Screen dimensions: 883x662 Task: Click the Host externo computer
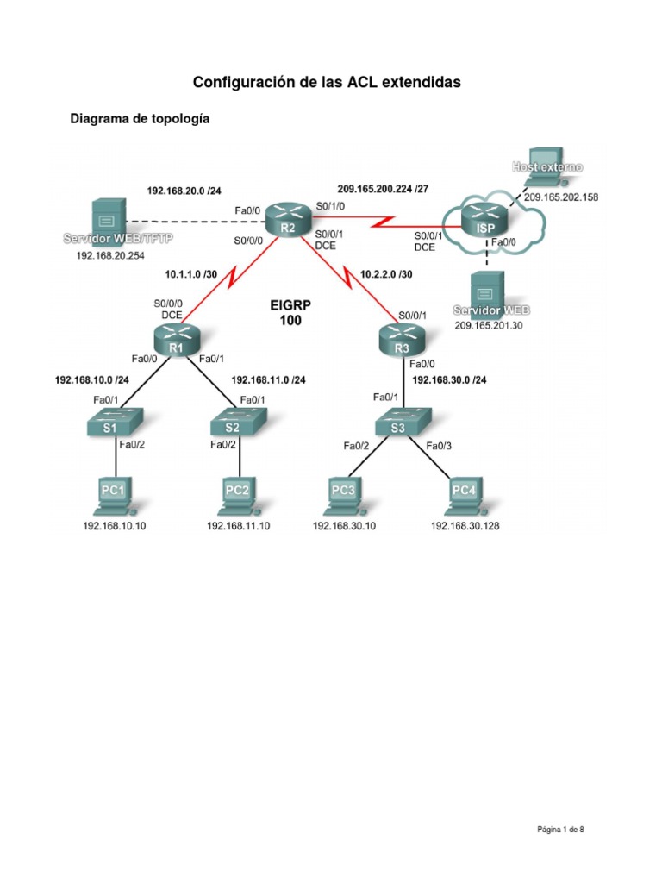546,167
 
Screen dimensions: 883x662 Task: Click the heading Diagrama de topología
140,120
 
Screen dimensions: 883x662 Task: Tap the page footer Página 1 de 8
560,830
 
